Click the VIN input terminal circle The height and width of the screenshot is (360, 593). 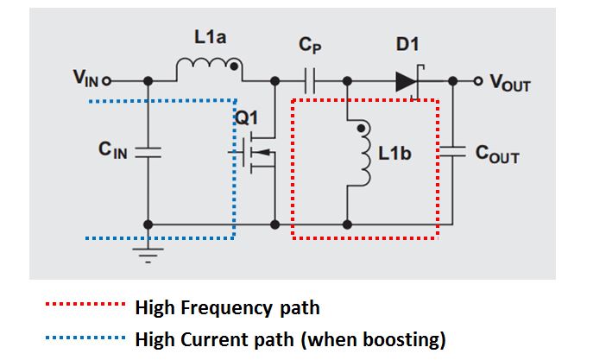pyautogui.click(x=107, y=81)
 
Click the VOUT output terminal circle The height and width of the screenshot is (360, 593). pyautogui.click(x=478, y=81)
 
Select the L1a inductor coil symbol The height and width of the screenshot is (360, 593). pyautogui.click(x=210, y=69)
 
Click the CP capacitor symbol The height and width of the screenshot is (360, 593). pyautogui.click(x=310, y=81)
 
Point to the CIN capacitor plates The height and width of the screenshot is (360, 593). pyautogui.click(x=148, y=153)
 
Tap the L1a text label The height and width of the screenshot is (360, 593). pyautogui.click(x=211, y=37)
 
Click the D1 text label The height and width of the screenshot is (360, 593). pyautogui.click(x=407, y=45)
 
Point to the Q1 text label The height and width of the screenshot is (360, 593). pyautogui.click(x=247, y=118)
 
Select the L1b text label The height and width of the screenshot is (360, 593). pyautogui.click(x=394, y=154)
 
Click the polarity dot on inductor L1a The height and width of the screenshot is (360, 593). pyautogui.click(x=234, y=66)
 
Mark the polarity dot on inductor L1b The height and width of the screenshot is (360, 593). pyautogui.click(x=361, y=129)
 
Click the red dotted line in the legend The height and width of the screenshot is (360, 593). pyautogui.click(x=85, y=304)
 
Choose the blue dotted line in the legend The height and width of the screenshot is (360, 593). pyautogui.click(x=85, y=338)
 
